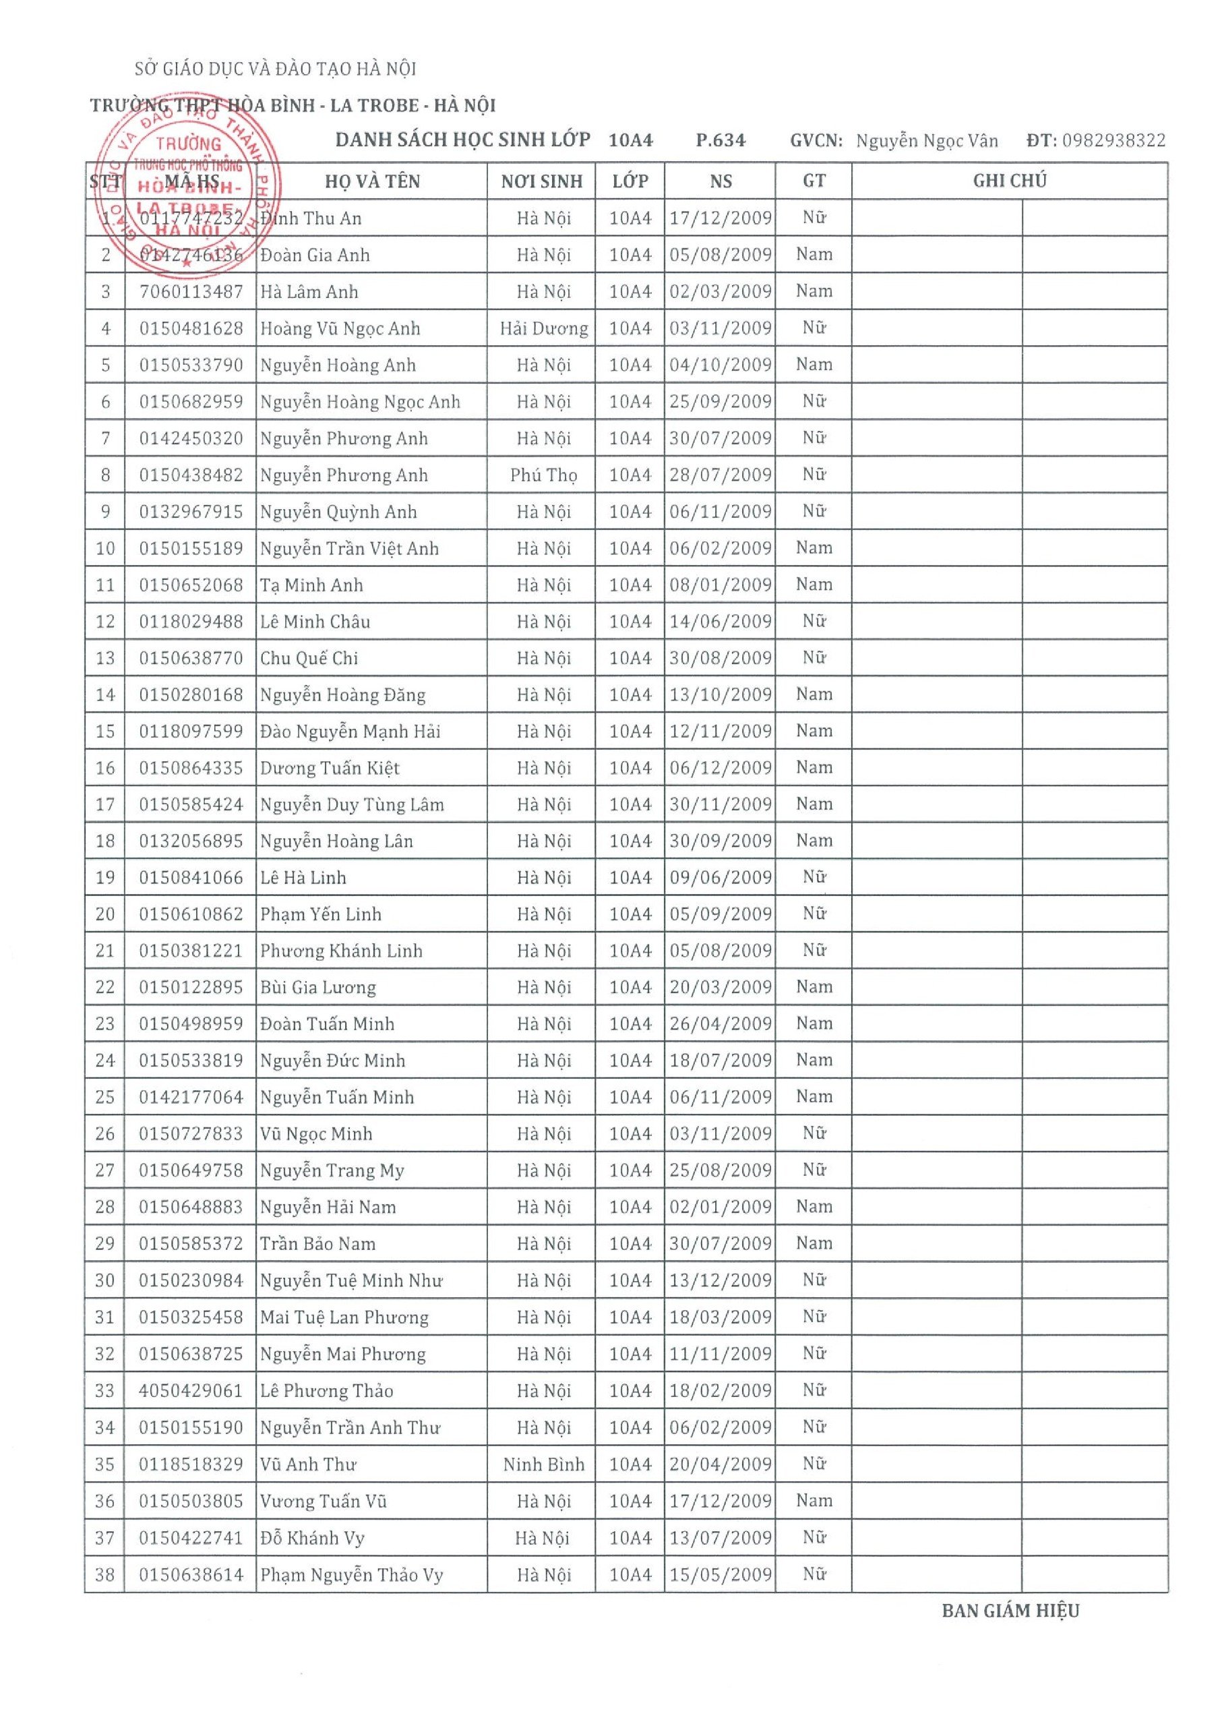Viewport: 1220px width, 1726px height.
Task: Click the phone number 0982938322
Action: pyautogui.click(x=1114, y=141)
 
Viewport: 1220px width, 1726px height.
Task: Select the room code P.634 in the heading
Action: pyautogui.click(x=720, y=141)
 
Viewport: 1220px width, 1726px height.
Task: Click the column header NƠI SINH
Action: pyautogui.click(x=541, y=181)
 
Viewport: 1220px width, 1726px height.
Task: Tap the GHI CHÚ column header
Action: pyautogui.click(x=1009, y=181)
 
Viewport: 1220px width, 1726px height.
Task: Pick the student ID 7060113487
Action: pyautogui.click(x=191, y=292)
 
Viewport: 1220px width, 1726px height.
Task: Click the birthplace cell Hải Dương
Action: pyautogui.click(x=543, y=328)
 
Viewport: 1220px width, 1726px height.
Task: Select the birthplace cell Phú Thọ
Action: pyautogui.click(x=543, y=475)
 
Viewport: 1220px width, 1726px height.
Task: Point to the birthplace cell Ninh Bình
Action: pyautogui.click(x=543, y=1464)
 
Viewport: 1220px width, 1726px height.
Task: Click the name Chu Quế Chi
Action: pyautogui.click(x=309, y=659)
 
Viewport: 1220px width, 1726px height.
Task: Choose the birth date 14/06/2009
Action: pyautogui.click(x=720, y=622)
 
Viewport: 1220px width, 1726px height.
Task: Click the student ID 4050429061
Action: pyautogui.click(x=191, y=1391)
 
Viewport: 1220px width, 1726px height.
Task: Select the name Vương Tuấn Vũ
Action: pyautogui.click(x=324, y=1501)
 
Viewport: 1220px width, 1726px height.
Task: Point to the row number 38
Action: pyautogui.click(x=104, y=1575)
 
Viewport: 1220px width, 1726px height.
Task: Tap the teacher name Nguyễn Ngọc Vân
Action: pyautogui.click(x=926, y=141)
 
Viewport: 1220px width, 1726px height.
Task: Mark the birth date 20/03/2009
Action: pyautogui.click(x=720, y=987)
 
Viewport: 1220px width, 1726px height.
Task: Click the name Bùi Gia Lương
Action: pyautogui.click(x=317, y=988)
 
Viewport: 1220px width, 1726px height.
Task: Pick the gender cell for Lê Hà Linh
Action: pyautogui.click(x=814, y=877)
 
